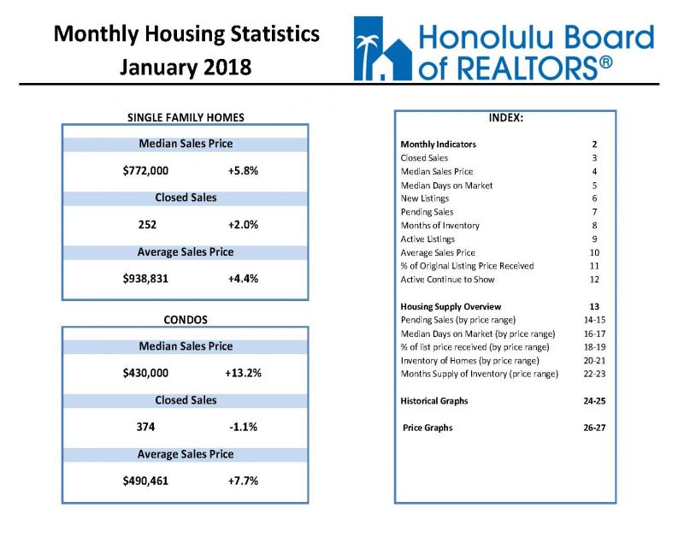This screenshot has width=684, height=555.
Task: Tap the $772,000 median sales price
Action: point(145,170)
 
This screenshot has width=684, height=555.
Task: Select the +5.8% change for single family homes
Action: point(243,170)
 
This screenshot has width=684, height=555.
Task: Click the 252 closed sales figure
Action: point(147,225)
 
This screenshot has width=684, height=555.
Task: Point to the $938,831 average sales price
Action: point(145,279)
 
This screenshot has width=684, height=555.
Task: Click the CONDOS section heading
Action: point(186,320)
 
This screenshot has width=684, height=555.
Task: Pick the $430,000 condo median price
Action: point(145,373)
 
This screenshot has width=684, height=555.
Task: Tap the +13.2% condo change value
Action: point(243,373)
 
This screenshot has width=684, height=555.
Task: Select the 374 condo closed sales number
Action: point(145,427)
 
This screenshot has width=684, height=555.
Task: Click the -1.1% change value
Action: point(243,427)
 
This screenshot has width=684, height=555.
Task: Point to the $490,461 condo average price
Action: point(145,481)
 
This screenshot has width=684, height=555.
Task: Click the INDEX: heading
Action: point(505,118)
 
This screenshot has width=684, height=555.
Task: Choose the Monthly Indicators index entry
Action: point(439,145)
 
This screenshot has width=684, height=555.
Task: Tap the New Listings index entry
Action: point(425,198)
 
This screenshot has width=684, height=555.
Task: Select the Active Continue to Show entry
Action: point(447,280)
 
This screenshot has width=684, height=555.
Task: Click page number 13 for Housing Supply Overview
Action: point(594,307)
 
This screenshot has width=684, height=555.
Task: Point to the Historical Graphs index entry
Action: point(434,401)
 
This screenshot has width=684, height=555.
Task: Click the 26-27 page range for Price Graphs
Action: point(594,428)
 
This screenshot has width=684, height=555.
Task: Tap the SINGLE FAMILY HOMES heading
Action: point(186,117)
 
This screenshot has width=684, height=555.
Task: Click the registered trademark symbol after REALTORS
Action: point(606,62)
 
